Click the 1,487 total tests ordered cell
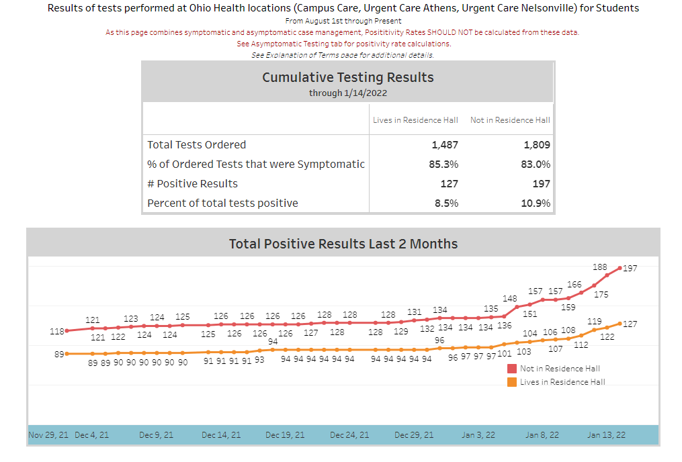pyautogui.click(x=444, y=144)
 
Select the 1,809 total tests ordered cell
pyautogui.click(x=536, y=144)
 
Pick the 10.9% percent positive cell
pyautogui.click(x=536, y=203)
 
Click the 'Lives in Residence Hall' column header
pyautogui.click(x=415, y=120)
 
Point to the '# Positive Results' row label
pyautogui.click(x=192, y=183)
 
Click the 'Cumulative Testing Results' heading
pyautogui.click(x=347, y=77)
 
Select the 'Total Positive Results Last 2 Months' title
pyautogui.click(x=343, y=244)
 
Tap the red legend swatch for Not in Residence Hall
pyautogui.click(x=512, y=369)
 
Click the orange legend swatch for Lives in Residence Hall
pyautogui.click(x=512, y=382)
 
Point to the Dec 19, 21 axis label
pyautogui.click(x=285, y=435)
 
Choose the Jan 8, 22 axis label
pyautogui.click(x=542, y=435)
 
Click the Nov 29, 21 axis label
pyautogui.click(x=48, y=435)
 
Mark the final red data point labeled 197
pyautogui.click(x=620, y=268)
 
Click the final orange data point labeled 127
pyautogui.click(x=620, y=324)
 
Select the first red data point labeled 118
pyautogui.click(x=67, y=330)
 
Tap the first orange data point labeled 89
pyautogui.click(x=67, y=353)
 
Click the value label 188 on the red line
pyautogui.click(x=599, y=267)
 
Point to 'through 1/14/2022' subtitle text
pyautogui.click(x=347, y=93)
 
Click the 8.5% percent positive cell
pyautogui.click(x=446, y=203)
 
